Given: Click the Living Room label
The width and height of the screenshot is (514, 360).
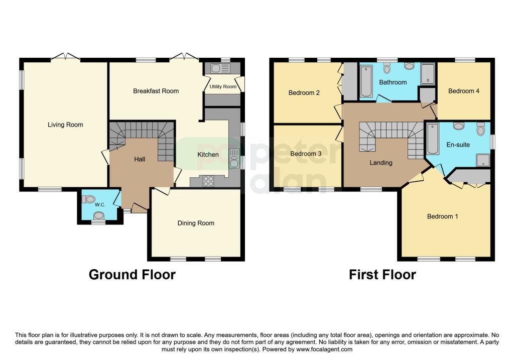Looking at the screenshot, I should pos(65,125).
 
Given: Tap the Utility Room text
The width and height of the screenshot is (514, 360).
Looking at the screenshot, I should pos(223,87).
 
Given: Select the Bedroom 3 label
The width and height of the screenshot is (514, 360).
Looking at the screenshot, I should pos(306,154).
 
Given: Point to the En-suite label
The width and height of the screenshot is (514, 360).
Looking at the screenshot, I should pos(458,145).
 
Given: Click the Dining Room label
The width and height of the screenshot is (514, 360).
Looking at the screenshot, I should pos(196,223).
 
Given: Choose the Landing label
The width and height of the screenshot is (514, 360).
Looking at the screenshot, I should pos(381,163).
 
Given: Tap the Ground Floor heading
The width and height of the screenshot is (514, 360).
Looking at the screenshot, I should pos(132,275).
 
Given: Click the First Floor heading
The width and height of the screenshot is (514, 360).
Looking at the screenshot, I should pos(382,275).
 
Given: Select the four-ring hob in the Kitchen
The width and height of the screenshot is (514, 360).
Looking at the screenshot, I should pos(208,182).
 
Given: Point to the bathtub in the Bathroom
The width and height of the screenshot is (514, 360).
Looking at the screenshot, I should pos(365,81).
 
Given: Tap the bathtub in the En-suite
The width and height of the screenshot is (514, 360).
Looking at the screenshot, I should pos(432,139).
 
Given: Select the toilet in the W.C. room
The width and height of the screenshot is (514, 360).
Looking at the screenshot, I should pos(89,199).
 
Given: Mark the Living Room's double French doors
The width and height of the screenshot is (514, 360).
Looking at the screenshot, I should pos(65,57).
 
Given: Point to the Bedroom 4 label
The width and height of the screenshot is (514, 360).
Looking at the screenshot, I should pos(464,91).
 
